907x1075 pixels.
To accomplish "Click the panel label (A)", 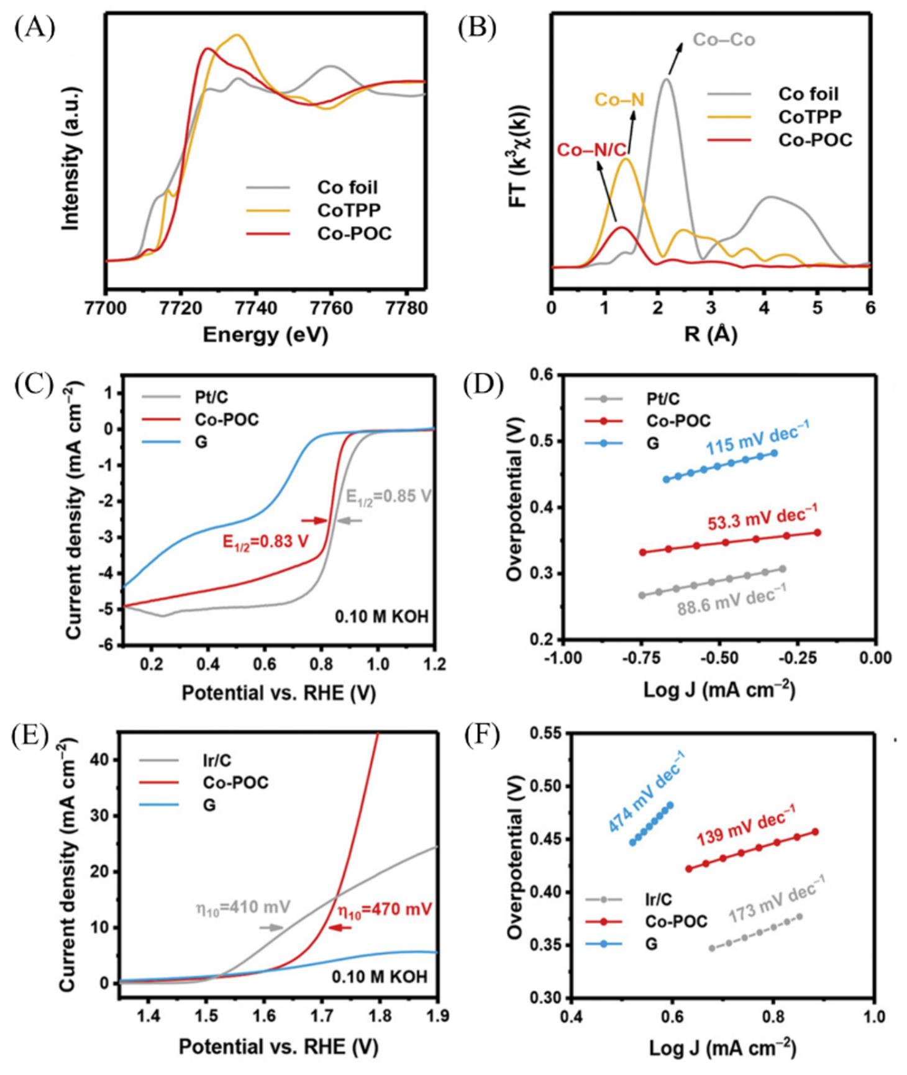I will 35,29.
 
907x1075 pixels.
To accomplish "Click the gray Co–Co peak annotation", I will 724,40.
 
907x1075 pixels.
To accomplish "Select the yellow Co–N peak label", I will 619,99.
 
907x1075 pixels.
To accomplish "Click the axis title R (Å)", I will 710,335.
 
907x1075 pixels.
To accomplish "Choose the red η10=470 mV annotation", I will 385,911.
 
